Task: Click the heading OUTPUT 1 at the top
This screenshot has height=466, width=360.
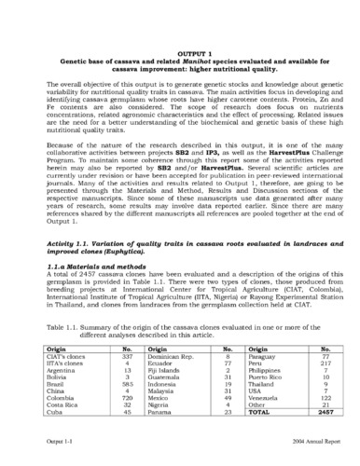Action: [x=179, y=55]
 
